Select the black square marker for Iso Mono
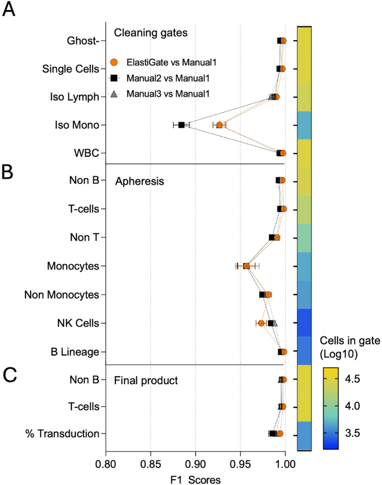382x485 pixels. point(181,125)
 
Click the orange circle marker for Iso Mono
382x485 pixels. point(219,125)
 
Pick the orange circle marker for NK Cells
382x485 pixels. point(261,323)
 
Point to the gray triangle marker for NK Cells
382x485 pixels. point(274,323)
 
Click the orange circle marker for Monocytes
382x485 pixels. point(246,266)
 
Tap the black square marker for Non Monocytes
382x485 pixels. point(262,295)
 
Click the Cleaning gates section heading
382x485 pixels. point(151,32)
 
